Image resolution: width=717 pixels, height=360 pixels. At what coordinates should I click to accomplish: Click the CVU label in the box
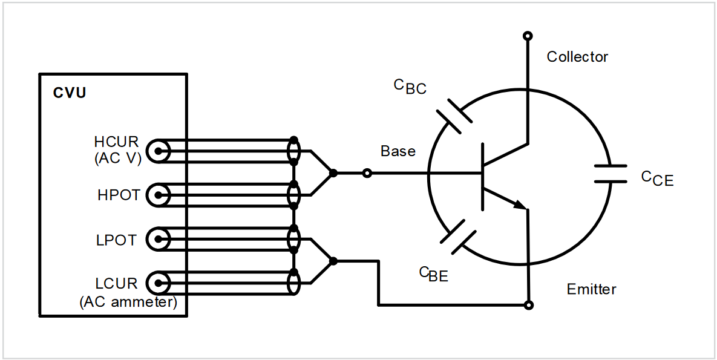pyautogui.click(x=70, y=93)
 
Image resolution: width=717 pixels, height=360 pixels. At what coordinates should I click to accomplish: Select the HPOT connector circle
pyautogui.click(x=160, y=195)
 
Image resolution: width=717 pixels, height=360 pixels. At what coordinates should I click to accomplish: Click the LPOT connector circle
pyautogui.click(x=160, y=240)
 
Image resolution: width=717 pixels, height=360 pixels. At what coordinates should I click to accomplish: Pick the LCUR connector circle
pyautogui.click(x=160, y=283)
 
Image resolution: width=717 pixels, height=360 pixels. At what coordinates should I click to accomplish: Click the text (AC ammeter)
pyautogui.click(x=128, y=302)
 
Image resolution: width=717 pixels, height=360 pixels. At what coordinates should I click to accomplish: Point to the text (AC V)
pyautogui.click(x=117, y=159)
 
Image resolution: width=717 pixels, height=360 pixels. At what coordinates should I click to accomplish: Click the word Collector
pyautogui.click(x=577, y=57)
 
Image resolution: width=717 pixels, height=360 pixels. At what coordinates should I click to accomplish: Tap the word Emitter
pyautogui.click(x=591, y=289)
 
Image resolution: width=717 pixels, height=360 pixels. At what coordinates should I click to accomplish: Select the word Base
pyautogui.click(x=398, y=151)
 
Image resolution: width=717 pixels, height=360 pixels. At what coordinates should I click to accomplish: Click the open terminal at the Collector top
pyautogui.click(x=528, y=36)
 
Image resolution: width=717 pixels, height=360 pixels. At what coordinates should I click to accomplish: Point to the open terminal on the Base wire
pyautogui.click(x=367, y=174)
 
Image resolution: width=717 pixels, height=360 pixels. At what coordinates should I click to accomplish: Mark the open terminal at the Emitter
pyautogui.click(x=529, y=305)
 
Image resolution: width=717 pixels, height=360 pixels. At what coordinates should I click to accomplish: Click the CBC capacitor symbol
pyautogui.click(x=453, y=115)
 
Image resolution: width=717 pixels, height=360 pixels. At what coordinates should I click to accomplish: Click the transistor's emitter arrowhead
pyautogui.click(x=519, y=205)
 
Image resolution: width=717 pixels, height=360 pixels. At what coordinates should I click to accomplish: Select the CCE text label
pyautogui.click(x=656, y=178)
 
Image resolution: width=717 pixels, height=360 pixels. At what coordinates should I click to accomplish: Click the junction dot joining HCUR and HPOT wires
pyautogui.click(x=333, y=174)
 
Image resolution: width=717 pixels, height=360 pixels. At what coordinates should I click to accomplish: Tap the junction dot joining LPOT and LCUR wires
pyautogui.click(x=333, y=261)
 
